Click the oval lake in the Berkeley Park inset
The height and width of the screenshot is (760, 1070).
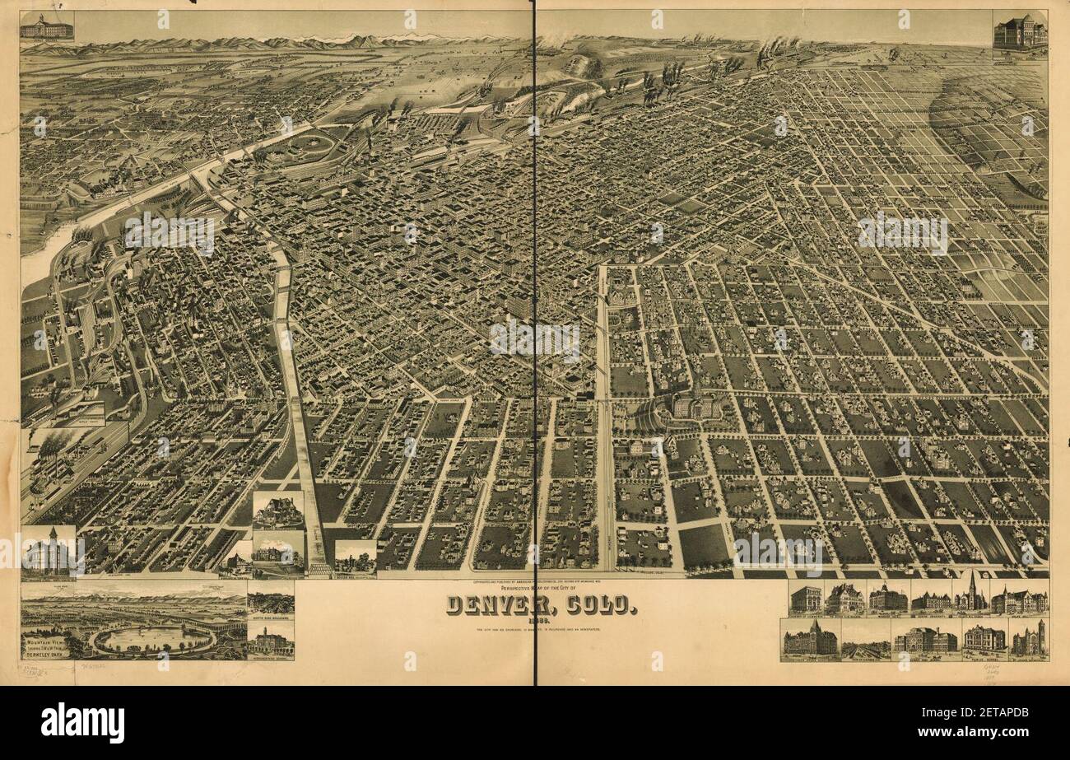click(152, 637)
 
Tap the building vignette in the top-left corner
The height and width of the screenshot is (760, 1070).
click(46, 26)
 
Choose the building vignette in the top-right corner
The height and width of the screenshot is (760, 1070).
click(1019, 34)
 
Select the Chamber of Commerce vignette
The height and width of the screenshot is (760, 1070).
click(806, 598)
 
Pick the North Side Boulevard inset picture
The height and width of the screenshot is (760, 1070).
click(270, 601)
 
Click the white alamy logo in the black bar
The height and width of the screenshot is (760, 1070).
click(82, 723)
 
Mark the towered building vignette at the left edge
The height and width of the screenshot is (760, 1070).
click(47, 552)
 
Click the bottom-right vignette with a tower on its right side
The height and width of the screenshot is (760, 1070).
click(1029, 639)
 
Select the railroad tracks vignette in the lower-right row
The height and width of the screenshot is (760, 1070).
click(866, 641)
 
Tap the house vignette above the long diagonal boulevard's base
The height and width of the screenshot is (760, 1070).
click(277, 511)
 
